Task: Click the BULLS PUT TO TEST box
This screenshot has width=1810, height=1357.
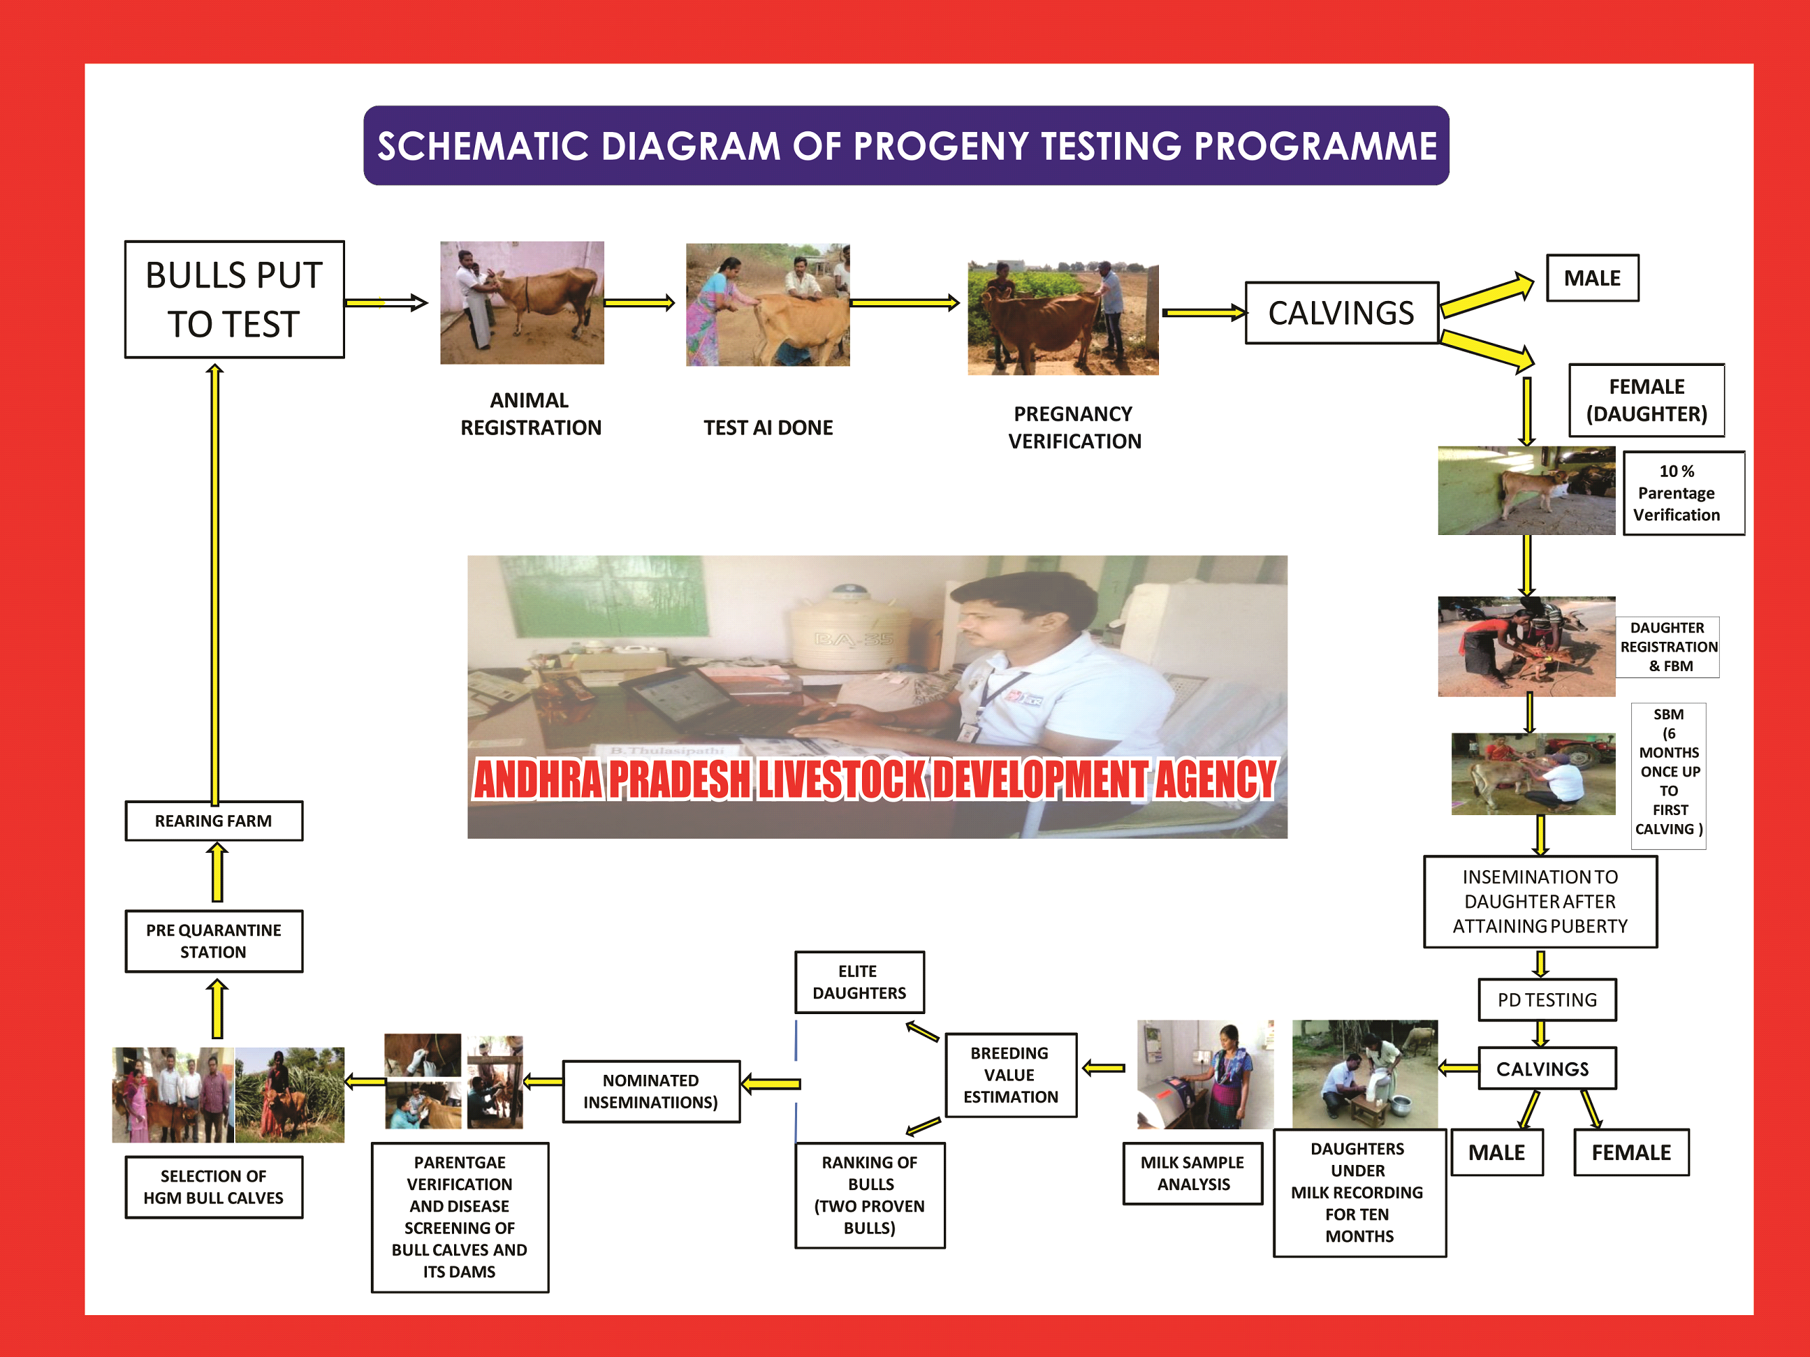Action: click(234, 300)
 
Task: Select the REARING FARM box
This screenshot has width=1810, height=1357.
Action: click(214, 821)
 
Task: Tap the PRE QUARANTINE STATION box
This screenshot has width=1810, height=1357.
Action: click(214, 941)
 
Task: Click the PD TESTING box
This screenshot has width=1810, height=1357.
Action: click(1547, 999)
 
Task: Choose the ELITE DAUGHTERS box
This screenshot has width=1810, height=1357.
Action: click(859, 981)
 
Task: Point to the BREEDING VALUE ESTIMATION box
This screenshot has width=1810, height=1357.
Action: click(1011, 1075)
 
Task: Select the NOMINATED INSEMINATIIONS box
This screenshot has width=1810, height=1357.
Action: click(651, 1091)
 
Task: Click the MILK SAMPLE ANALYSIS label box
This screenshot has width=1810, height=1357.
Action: click(1192, 1173)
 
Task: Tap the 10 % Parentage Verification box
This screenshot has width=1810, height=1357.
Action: click(1683, 492)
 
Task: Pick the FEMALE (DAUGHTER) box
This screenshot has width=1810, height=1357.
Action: click(1647, 400)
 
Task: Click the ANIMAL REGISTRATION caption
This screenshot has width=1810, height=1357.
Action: click(530, 414)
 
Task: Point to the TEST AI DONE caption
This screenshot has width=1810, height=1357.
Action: click(768, 428)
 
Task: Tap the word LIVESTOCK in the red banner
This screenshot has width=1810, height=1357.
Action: click(842, 779)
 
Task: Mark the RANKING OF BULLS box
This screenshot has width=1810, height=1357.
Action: click(870, 1194)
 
